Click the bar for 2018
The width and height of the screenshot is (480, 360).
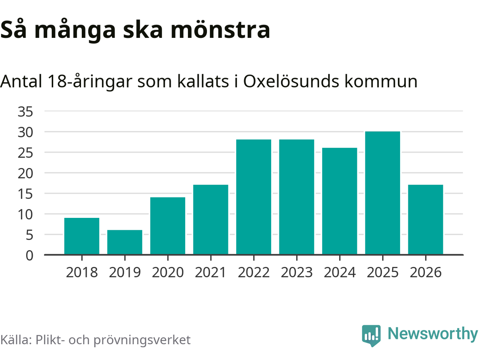[82, 236]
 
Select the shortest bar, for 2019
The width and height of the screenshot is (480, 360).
[125, 242]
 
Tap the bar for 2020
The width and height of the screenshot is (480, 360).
[168, 226]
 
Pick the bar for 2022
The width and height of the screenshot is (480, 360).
[253, 197]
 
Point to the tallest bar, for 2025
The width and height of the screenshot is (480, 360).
[382, 193]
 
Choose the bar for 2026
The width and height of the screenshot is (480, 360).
[426, 220]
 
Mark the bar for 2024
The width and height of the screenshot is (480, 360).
[340, 201]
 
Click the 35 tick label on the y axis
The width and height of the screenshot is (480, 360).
[25, 111]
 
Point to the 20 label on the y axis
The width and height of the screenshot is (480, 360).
[25, 173]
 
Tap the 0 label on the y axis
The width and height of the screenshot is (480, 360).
[29, 255]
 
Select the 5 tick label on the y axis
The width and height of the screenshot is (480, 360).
[29, 235]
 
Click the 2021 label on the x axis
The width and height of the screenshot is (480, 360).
[211, 272]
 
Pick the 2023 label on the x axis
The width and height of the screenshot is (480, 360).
[297, 272]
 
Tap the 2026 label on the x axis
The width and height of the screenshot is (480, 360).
[426, 272]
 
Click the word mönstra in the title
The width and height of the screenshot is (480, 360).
[220, 30]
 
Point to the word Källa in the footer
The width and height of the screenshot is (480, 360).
[15, 340]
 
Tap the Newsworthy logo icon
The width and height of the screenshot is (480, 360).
[371, 335]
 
